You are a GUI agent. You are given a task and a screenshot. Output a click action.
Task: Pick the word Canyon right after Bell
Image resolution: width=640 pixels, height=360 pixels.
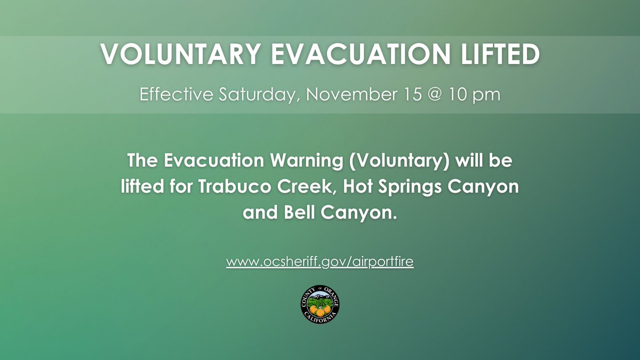361,214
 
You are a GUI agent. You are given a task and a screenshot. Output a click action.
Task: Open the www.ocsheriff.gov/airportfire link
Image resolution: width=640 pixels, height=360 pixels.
320,262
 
